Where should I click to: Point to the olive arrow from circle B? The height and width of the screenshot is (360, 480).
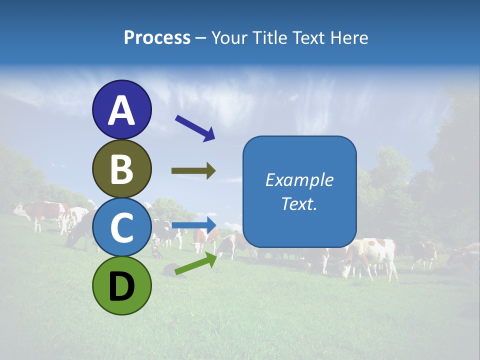point(193,171)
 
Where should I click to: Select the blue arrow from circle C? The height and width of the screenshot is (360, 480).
point(194,224)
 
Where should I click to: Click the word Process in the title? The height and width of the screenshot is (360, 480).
point(157,38)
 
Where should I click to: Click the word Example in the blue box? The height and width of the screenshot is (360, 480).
point(299,180)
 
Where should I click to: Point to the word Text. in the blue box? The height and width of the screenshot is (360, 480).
point(299,203)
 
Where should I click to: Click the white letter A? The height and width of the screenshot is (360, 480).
point(121,110)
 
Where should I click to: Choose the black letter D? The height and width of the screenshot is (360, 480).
point(121,287)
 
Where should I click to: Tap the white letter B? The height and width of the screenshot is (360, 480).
point(121,169)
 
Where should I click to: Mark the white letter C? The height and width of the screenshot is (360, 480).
point(121,227)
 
